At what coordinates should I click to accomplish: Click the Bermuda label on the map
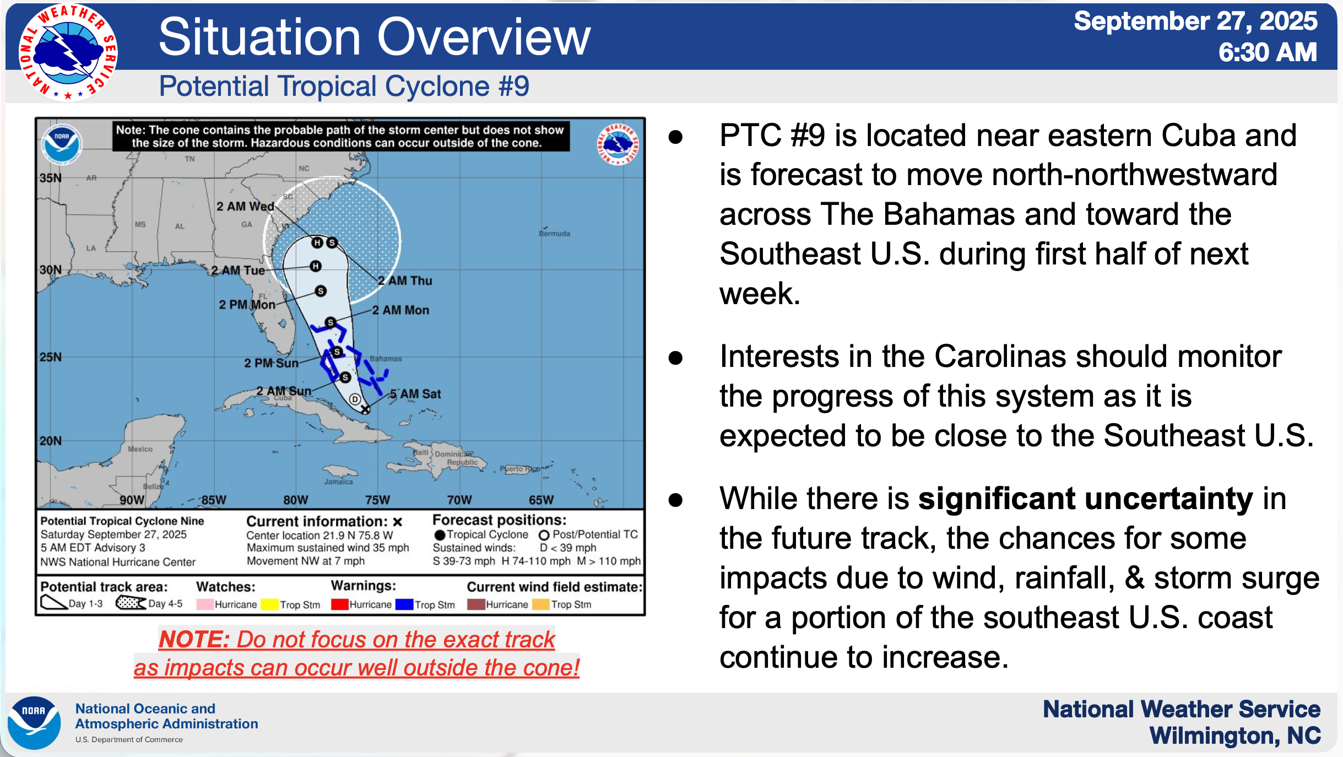(x=554, y=234)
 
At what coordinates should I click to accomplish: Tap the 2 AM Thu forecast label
(x=405, y=280)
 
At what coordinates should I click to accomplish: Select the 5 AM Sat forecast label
(x=415, y=394)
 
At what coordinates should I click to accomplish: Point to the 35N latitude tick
(x=51, y=178)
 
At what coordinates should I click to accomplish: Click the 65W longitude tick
(x=541, y=500)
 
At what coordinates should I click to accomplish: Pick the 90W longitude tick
(x=132, y=500)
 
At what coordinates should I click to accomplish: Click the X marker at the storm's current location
(x=365, y=409)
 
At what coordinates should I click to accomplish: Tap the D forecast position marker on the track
(x=355, y=399)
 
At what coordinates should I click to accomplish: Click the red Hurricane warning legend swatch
(x=340, y=604)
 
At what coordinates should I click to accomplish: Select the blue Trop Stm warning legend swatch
(x=404, y=604)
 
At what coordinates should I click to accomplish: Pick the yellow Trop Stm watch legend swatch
(x=269, y=604)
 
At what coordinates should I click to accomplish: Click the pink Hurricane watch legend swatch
(x=205, y=604)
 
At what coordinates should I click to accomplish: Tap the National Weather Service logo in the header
(x=68, y=53)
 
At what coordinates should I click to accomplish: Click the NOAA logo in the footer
(x=34, y=723)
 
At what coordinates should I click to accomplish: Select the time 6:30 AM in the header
(x=1268, y=52)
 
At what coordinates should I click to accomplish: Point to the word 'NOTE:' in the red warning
(x=194, y=639)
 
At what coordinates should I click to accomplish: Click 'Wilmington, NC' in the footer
(x=1235, y=736)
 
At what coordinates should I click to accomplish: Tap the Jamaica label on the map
(x=338, y=482)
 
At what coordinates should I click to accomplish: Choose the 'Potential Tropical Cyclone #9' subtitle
(x=344, y=86)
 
